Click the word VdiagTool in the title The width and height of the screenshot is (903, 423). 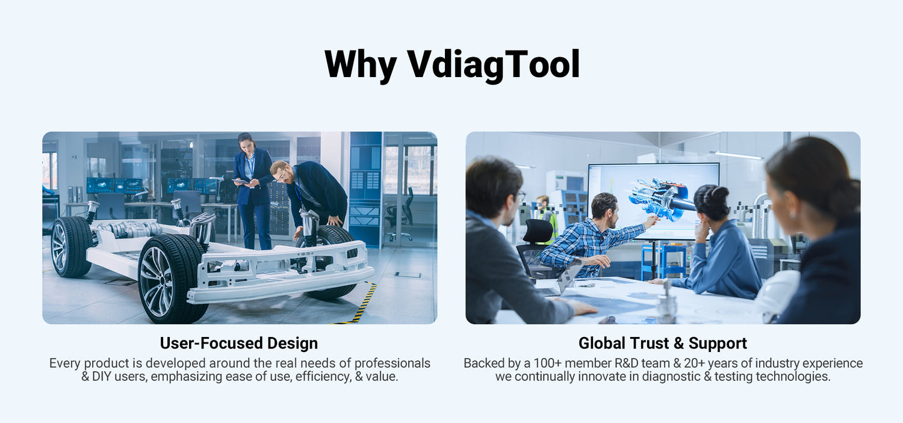click(494, 64)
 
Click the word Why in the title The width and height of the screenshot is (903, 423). click(360, 64)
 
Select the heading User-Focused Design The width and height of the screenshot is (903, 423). click(239, 343)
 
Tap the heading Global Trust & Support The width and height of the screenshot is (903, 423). click(663, 343)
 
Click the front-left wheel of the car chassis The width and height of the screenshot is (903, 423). click(172, 278)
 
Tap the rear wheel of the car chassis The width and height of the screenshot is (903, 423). click(72, 247)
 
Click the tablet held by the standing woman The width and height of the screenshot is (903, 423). click(241, 182)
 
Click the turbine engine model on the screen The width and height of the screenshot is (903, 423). click(661, 200)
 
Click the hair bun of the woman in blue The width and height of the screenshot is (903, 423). click(720, 193)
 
